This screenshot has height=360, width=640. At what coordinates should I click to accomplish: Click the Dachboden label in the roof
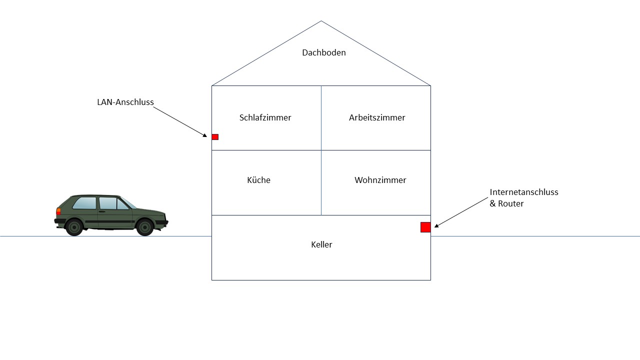(x=323, y=52)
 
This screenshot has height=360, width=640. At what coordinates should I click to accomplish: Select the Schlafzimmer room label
(x=265, y=117)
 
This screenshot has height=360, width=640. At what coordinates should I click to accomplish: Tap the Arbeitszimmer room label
(x=377, y=117)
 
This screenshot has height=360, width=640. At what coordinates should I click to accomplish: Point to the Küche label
(x=258, y=180)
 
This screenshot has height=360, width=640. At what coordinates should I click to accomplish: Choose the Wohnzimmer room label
(x=380, y=180)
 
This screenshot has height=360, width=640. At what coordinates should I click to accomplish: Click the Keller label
(x=321, y=244)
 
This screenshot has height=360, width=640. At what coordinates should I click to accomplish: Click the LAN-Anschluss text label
(x=125, y=102)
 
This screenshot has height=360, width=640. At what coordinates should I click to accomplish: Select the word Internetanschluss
(x=524, y=192)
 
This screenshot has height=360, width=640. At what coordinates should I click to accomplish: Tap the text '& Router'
(x=506, y=203)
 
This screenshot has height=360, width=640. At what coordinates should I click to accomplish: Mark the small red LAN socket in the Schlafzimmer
(x=215, y=137)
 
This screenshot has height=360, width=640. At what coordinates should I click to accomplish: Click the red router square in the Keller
(x=425, y=227)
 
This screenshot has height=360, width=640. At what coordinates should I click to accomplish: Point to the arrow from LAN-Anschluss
(x=180, y=121)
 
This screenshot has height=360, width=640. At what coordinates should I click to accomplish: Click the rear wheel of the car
(x=74, y=227)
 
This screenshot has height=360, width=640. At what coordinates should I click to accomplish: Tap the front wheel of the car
(x=145, y=227)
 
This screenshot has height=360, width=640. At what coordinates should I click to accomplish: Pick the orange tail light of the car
(x=58, y=211)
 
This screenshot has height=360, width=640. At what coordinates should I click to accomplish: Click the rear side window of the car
(x=84, y=203)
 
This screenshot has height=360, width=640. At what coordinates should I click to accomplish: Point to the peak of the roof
(x=321, y=21)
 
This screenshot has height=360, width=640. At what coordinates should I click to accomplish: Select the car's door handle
(x=102, y=211)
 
